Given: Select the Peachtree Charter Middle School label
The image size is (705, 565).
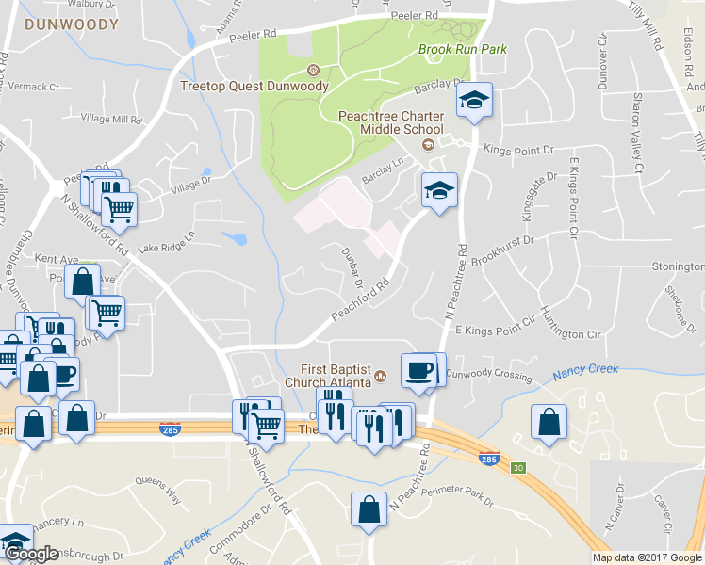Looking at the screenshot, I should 391,122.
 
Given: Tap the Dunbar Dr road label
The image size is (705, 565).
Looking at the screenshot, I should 352,265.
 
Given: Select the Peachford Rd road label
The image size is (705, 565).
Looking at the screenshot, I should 360,299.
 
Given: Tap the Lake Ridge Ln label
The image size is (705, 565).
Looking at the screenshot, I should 165,245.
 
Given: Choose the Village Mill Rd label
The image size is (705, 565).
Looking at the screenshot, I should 111,119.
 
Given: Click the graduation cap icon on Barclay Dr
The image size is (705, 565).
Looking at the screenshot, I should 474,100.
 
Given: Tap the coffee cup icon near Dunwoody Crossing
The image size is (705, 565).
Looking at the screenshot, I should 418,369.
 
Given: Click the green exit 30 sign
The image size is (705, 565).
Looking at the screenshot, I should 516,467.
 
